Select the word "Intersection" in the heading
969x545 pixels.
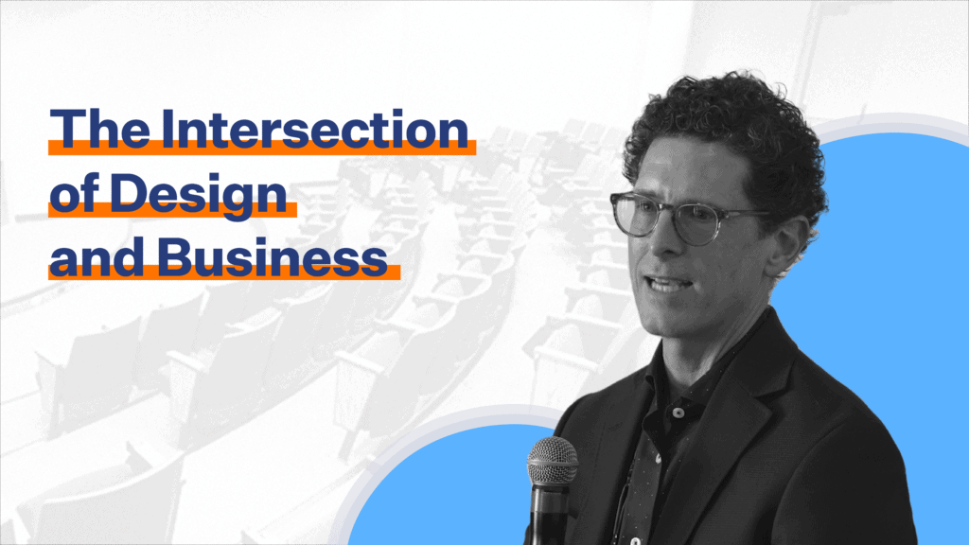(x=314, y=129)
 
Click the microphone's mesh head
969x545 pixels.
(x=553, y=461)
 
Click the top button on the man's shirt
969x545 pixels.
(x=678, y=413)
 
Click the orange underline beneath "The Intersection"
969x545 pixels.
(x=262, y=147)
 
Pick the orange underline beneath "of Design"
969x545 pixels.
(x=172, y=209)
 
